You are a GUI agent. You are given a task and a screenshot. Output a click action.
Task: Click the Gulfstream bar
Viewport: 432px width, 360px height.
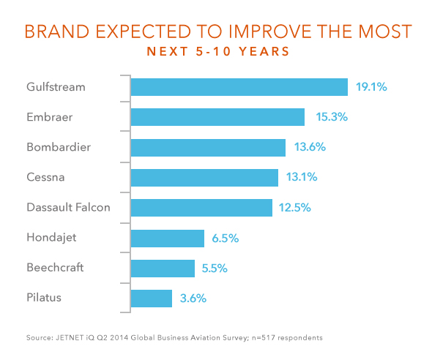[x=239, y=87]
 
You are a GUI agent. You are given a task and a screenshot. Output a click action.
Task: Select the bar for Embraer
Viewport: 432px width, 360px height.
[x=217, y=117]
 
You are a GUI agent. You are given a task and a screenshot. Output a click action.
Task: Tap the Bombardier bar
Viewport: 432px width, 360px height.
[x=208, y=148]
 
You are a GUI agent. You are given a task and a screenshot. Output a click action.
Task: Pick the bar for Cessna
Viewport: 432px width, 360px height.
[x=204, y=178]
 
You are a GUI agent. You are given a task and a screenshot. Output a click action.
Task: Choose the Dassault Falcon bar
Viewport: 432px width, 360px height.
[x=201, y=208]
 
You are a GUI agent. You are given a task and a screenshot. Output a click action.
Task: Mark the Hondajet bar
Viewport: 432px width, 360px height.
[x=168, y=239]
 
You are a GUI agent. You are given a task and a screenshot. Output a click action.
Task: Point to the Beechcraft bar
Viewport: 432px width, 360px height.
[x=163, y=269]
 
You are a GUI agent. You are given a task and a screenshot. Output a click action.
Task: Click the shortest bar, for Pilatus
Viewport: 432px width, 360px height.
[x=152, y=299]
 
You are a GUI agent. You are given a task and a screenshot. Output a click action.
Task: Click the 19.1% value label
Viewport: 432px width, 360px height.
[x=371, y=87]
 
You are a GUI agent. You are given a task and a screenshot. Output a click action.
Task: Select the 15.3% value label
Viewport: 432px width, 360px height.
[x=332, y=117]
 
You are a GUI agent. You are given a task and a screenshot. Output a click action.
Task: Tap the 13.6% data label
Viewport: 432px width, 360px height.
[x=310, y=147]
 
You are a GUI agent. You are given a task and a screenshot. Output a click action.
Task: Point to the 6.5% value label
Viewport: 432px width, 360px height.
[x=225, y=239]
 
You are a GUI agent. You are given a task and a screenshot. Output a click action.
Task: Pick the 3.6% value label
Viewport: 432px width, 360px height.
[x=193, y=299]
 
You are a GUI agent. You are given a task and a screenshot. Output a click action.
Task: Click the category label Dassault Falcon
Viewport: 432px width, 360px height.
[x=68, y=207]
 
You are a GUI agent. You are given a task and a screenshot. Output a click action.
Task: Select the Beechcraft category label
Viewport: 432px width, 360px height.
[x=55, y=268]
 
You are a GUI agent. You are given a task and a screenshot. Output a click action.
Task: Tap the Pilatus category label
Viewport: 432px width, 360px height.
[x=44, y=298]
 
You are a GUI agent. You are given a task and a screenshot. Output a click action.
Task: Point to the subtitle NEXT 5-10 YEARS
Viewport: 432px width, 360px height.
[x=218, y=51]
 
